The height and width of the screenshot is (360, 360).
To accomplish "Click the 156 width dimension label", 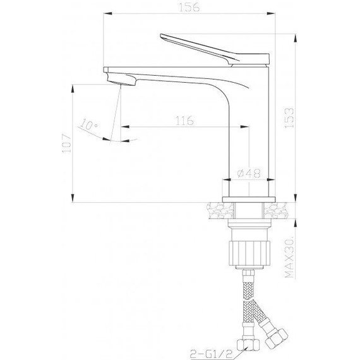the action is tap(189, 7).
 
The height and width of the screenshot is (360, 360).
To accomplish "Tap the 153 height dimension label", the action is tap(289, 117).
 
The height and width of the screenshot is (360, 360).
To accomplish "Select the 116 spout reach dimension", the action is tap(184, 121).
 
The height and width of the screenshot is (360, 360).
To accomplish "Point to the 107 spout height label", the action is tap(66, 143).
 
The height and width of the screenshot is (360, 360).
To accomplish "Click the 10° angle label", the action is tap(89, 124).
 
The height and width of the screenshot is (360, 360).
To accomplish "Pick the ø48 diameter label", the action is tap(249, 173).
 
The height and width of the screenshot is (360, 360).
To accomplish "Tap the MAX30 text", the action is tap(289, 258).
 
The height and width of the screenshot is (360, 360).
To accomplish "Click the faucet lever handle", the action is tap(215, 49).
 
